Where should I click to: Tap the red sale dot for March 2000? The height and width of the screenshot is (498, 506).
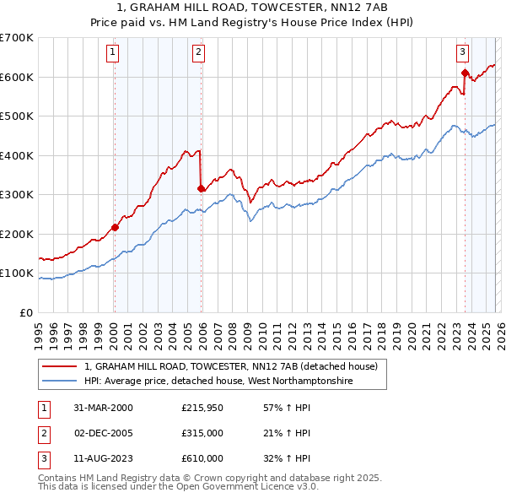pos(115,227)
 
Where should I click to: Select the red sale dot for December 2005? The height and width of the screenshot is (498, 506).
pos(201,188)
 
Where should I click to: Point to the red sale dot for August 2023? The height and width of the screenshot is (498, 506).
pos(465,73)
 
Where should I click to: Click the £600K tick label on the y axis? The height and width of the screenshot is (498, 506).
pos(16,77)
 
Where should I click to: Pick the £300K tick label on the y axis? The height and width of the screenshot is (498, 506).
pos(16,195)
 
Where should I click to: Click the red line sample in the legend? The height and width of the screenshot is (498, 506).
pos(60,367)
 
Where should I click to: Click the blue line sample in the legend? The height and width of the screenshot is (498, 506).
pos(60,382)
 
